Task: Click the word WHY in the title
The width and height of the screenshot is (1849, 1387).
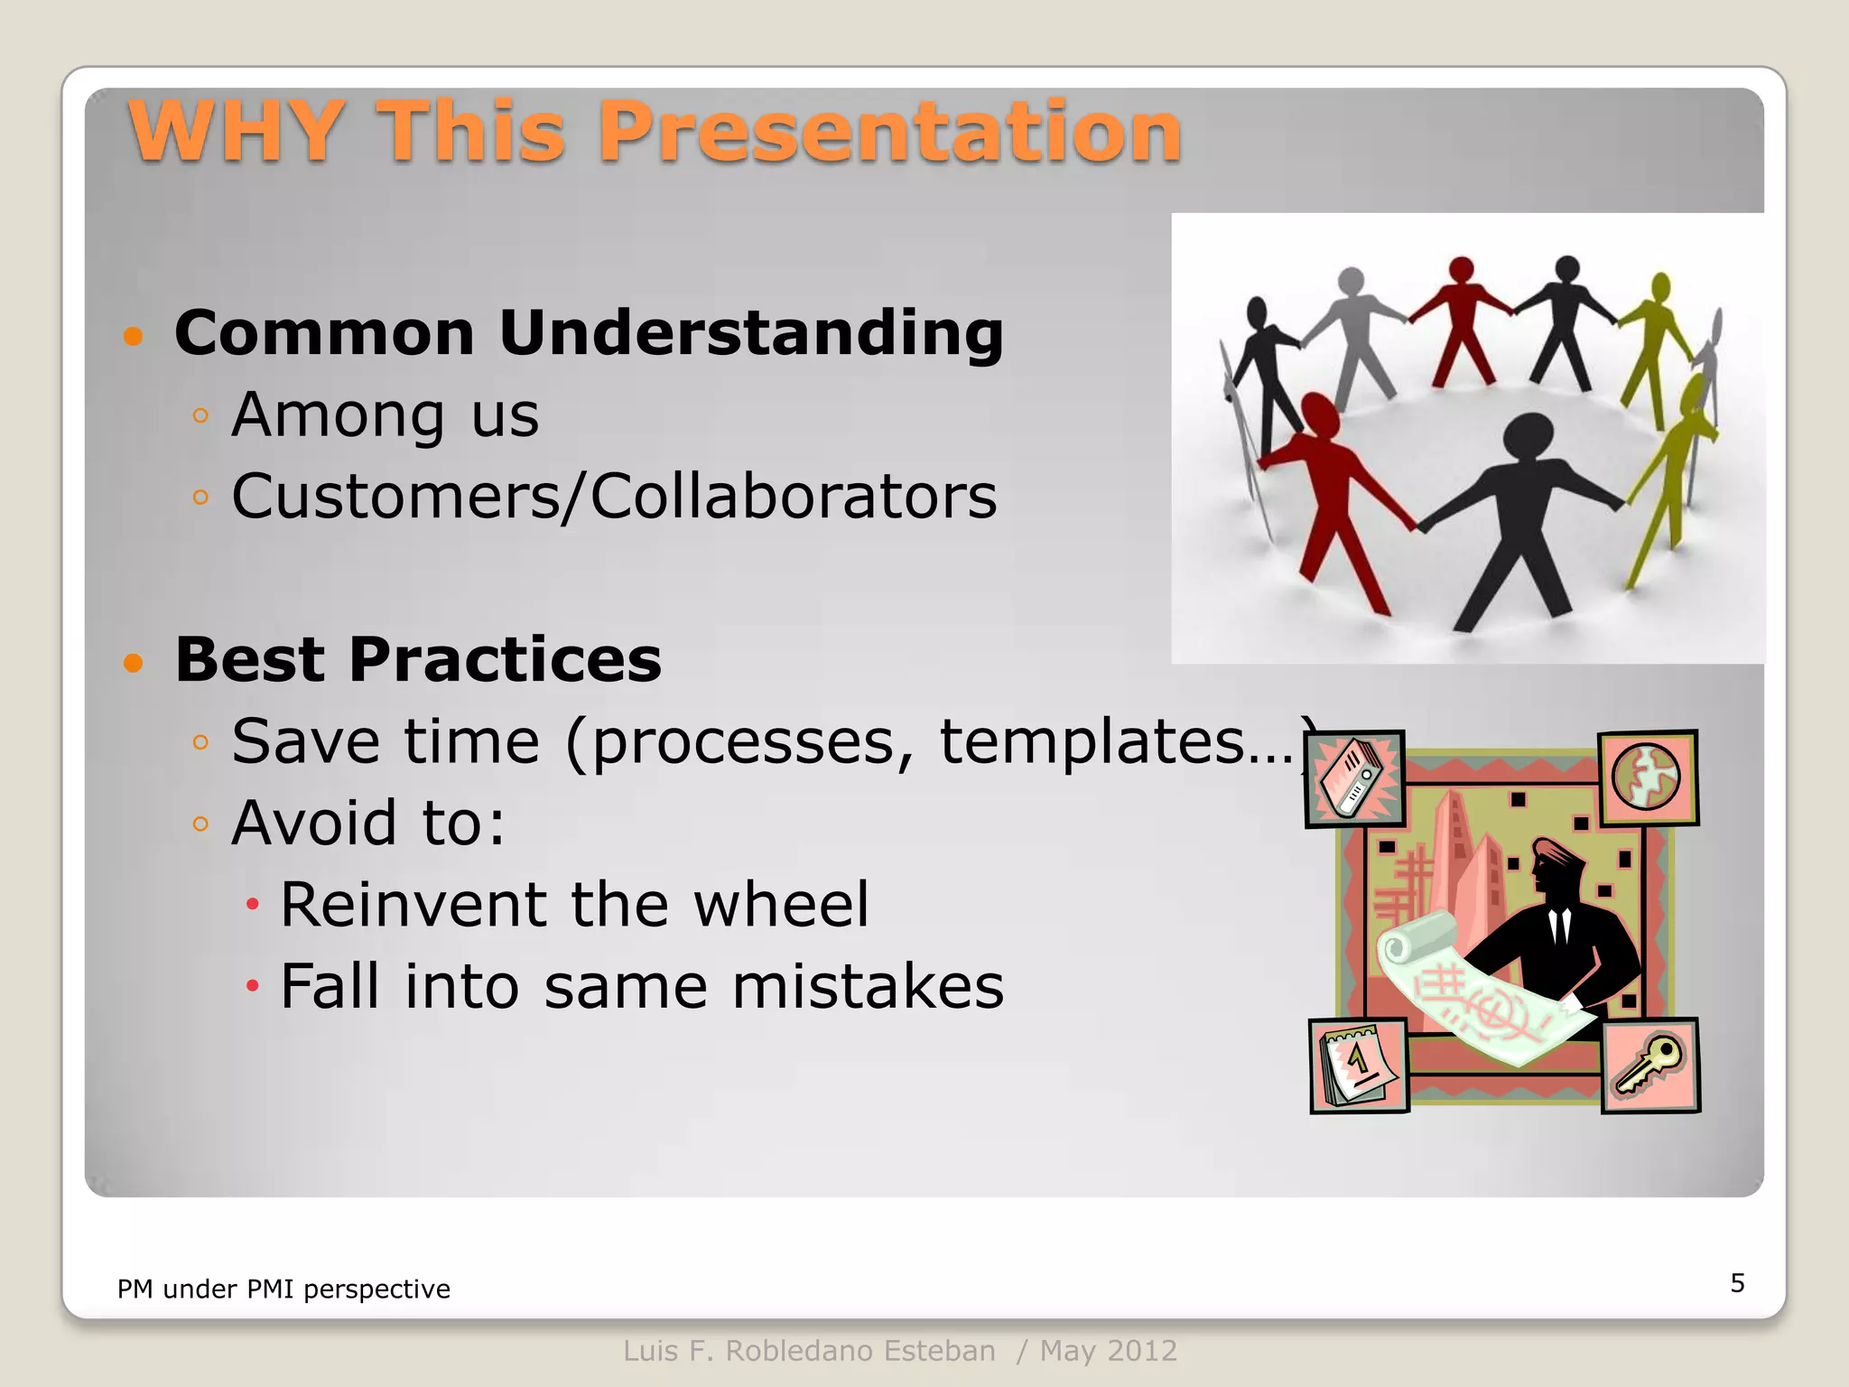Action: (237, 132)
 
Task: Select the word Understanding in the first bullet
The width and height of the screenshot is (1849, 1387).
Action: (750, 333)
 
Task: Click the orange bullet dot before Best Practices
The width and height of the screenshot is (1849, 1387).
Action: (134, 664)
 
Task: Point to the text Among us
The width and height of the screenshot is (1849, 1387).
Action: (385, 415)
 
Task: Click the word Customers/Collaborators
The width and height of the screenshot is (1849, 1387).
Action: (614, 497)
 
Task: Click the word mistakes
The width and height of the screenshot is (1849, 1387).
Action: (867, 986)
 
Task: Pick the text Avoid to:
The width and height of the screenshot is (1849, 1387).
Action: (368, 824)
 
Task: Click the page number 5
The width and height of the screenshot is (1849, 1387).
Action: (1737, 1283)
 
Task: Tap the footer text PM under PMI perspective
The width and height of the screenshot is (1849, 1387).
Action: (283, 1289)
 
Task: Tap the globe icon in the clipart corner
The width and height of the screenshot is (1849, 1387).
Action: (1647, 777)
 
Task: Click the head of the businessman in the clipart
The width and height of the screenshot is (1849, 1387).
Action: (1555, 864)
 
